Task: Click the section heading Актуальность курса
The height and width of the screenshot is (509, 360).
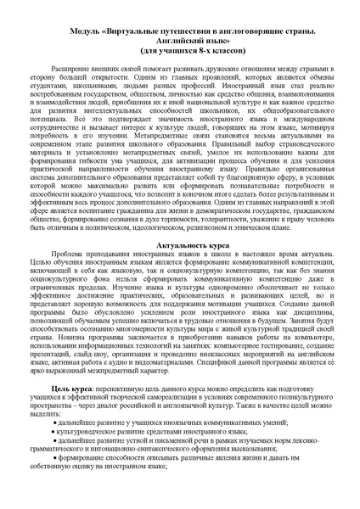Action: tap(179, 244)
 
